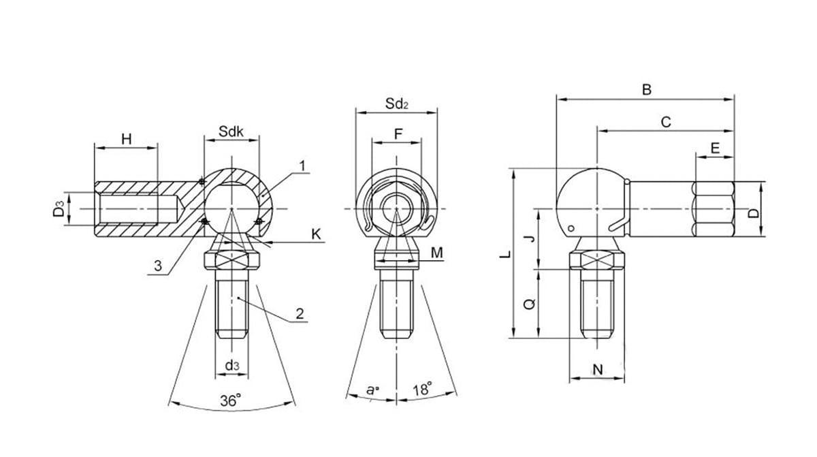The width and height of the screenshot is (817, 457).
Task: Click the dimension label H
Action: pos(126,139)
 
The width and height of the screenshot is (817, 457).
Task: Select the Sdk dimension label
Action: pos(231,131)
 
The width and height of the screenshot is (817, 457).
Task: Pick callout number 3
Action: pos(158,266)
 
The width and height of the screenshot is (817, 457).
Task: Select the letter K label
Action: pos(316,234)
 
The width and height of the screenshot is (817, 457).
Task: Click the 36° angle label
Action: pos(231,401)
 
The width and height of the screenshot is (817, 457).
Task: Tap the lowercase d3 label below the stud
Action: pos(231,366)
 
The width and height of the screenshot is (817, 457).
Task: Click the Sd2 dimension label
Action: pos(396,104)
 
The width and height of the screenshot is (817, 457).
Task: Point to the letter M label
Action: pos(437,253)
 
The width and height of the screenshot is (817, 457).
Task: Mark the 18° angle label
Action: pos(422,390)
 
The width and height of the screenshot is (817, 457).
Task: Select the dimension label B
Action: pos(647,89)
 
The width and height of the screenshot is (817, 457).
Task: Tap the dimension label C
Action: pos(667,122)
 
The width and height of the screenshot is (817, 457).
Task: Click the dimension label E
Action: pos(715,148)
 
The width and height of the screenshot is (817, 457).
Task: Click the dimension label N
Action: pos(598,370)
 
